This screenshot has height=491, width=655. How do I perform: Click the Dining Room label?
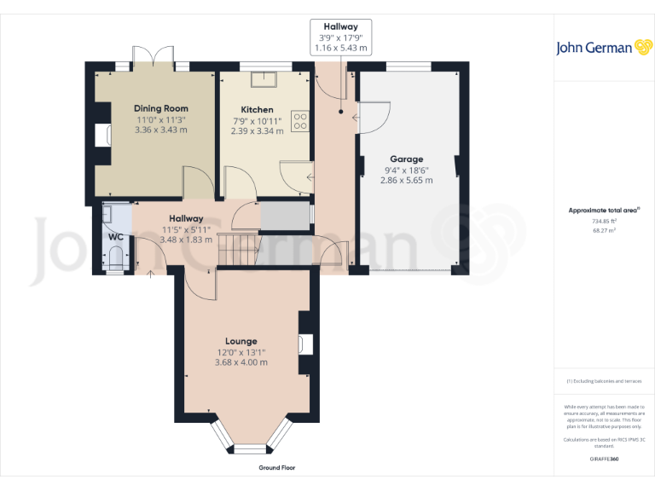coord(160,108)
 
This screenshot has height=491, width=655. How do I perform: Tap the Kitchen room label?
coord(257,109)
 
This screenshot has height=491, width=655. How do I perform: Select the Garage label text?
coord(406,159)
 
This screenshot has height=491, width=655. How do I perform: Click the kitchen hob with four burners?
coord(300,121)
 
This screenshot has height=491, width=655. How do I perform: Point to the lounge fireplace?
coord(305,344)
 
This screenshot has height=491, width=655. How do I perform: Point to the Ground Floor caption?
coord(277,468)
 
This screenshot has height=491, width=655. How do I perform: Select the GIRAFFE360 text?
coord(604,459)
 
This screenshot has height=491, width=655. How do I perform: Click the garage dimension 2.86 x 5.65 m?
coord(406,180)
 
